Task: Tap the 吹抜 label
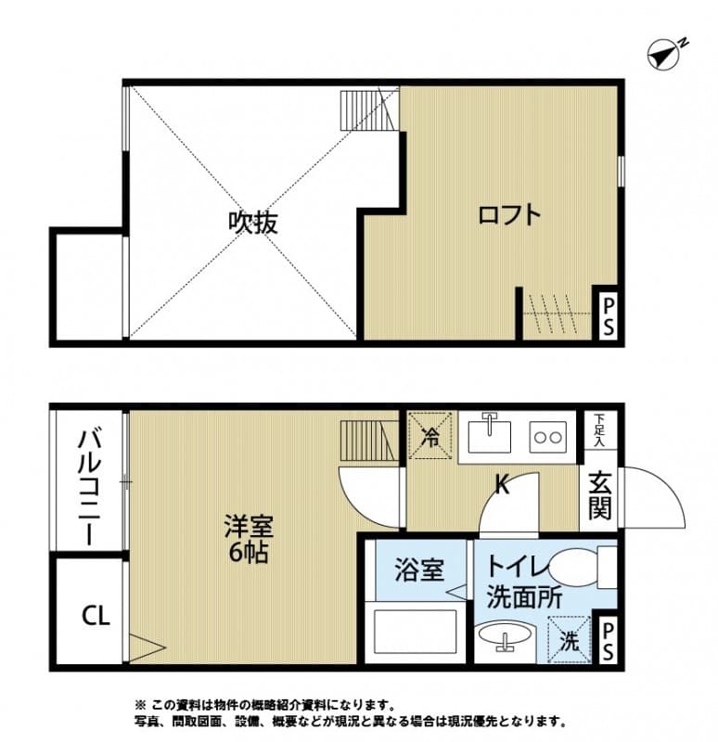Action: pos(253,223)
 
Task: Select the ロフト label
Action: pos(508,215)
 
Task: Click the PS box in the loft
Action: pos(609,315)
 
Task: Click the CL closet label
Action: pos(95,615)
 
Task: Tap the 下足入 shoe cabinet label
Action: pos(599,430)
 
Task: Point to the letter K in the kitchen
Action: pos(501,484)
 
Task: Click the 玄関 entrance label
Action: pos(599,496)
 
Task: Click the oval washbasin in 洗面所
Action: pos(506,640)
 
